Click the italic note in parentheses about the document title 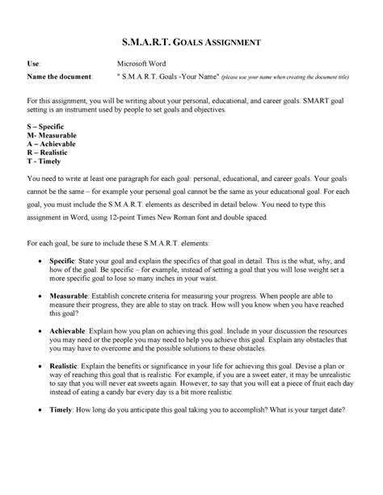283,77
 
